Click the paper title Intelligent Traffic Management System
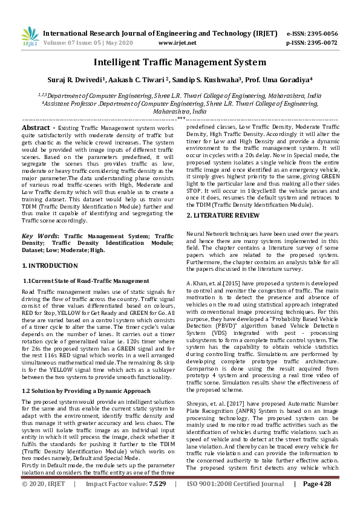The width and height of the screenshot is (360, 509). click(180, 62)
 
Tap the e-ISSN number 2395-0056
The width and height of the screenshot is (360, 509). click(320, 33)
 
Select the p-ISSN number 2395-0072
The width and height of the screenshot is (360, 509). click(320, 43)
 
